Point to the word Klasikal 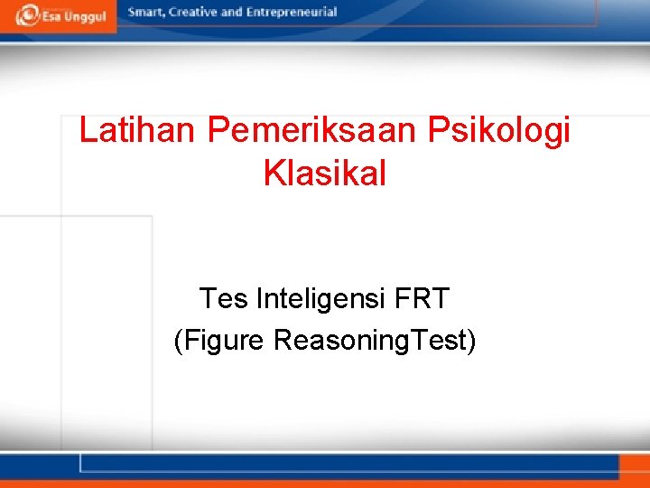pyautogui.click(x=325, y=173)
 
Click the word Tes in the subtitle pyautogui.click(x=223, y=297)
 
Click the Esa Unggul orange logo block pyautogui.click(x=58, y=16)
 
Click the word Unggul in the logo pyautogui.click(x=85, y=17)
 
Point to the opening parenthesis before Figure pyautogui.click(x=178, y=341)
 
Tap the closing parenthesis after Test pyautogui.click(x=471, y=341)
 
